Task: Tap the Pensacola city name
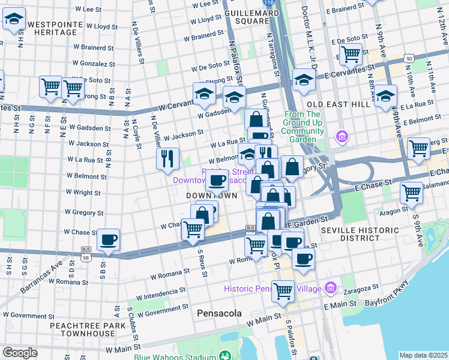[x=219, y=313]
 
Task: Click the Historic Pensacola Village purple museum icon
[x=330, y=289]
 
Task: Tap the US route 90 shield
[x=408, y=58]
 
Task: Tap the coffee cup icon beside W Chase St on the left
[x=109, y=239]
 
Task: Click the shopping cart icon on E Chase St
[x=411, y=193]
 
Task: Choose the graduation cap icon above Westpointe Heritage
[x=14, y=20]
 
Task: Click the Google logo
[x=20, y=352]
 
